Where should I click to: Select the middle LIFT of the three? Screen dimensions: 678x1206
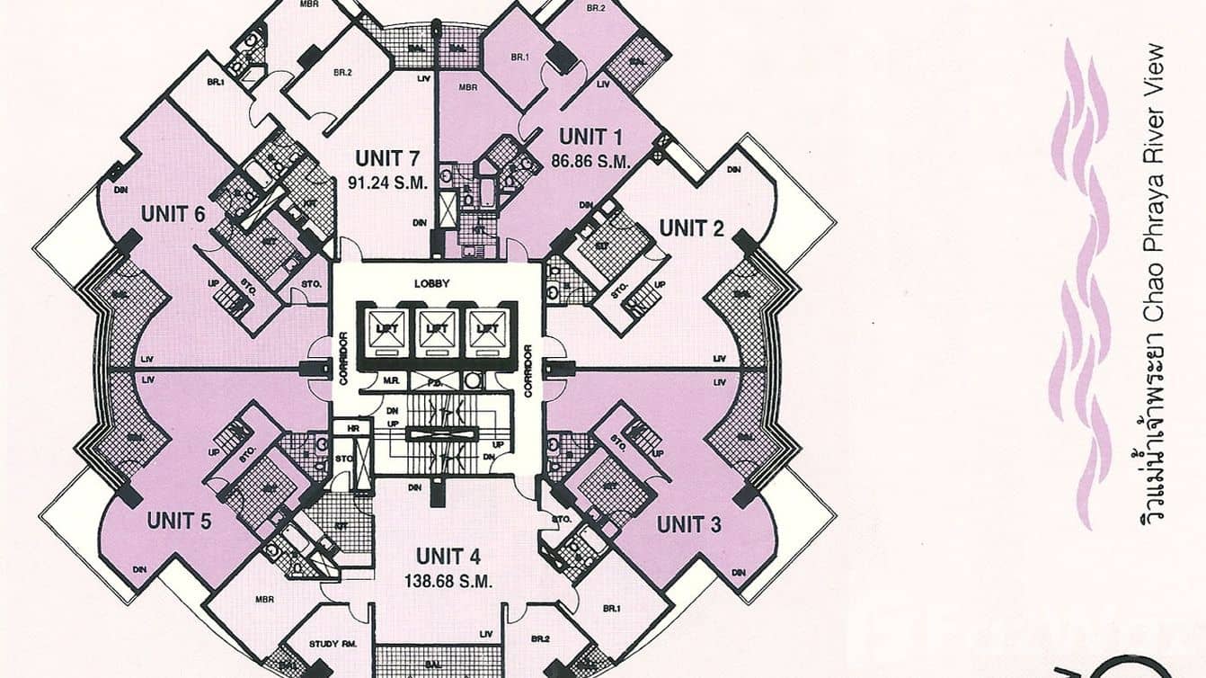click(x=436, y=329)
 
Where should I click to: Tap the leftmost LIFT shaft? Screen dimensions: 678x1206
click(x=385, y=329)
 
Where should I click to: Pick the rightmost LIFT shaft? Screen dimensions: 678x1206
click(x=487, y=329)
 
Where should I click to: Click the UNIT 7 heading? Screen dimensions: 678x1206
click(x=387, y=159)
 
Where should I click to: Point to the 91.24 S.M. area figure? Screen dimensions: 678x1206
click(x=387, y=181)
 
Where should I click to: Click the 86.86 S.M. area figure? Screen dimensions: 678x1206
click(x=590, y=162)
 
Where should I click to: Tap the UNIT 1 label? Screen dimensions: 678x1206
click(x=590, y=138)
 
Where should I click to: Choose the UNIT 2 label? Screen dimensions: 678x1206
click(x=691, y=228)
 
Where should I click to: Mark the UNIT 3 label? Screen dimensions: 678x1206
click(x=688, y=524)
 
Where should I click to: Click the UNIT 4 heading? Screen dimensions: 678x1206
click(x=448, y=557)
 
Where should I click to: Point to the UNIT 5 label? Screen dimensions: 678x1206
click(x=179, y=521)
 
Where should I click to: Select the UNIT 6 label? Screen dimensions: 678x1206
click(x=173, y=214)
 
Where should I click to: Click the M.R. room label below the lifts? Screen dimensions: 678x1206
click(x=391, y=380)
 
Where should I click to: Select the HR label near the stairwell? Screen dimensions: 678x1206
click(x=352, y=429)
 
